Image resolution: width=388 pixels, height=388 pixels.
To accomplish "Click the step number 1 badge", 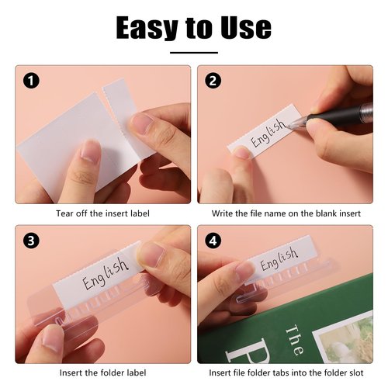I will (x=30, y=81).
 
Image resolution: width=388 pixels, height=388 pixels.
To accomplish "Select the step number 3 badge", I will (x=30, y=241).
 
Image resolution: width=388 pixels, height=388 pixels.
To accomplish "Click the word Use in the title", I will (x=244, y=27).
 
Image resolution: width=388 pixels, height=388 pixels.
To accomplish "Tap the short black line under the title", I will (x=193, y=53).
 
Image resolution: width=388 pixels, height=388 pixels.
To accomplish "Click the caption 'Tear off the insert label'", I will (x=102, y=213).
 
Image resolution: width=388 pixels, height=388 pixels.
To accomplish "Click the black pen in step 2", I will (x=341, y=114).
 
